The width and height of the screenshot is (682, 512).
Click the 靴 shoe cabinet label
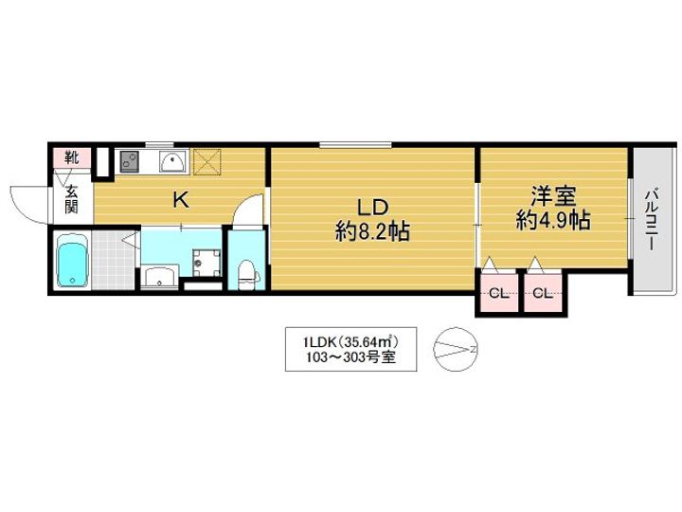(72, 157)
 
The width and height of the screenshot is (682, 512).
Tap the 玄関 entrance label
(72, 199)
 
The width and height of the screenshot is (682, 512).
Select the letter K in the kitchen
(181, 200)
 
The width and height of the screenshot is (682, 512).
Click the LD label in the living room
(372, 208)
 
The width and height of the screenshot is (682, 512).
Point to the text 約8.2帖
(372, 231)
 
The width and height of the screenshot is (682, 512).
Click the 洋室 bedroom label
(553, 196)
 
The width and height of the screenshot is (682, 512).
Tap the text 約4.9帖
(553, 220)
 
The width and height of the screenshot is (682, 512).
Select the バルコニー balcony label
(651, 219)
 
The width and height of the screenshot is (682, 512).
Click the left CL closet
(499, 293)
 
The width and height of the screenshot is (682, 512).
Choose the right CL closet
(543, 293)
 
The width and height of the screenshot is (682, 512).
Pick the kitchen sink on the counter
(173, 162)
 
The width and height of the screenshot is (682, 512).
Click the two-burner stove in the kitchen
(129, 160)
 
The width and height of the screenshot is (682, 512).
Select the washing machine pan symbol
(206, 262)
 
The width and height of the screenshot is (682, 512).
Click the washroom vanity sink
(160, 277)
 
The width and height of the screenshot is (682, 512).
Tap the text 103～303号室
(350, 357)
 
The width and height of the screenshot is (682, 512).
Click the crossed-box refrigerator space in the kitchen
(207, 161)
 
